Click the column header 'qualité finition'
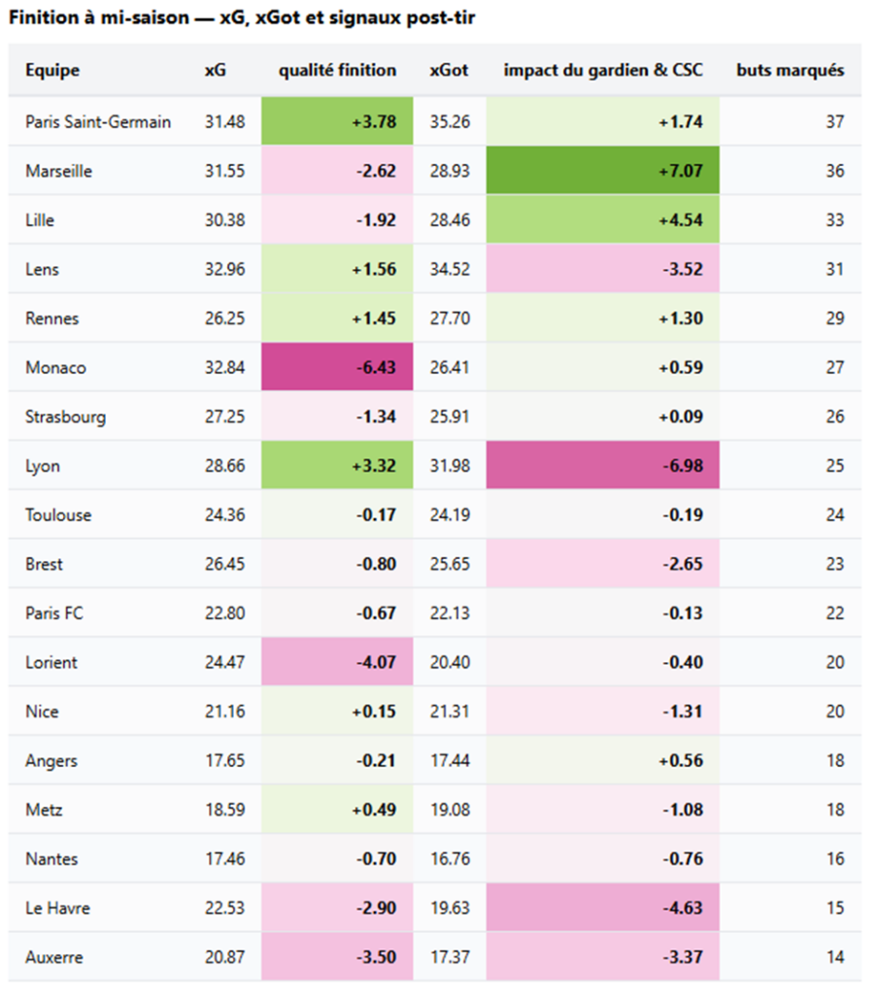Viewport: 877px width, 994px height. point(337,70)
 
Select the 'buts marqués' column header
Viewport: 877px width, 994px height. point(790,70)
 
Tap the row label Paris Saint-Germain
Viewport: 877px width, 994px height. point(98,121)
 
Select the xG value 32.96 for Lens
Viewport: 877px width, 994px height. point(225,269)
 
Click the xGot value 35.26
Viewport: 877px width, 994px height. point(450,121)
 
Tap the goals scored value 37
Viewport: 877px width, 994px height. point(834,121)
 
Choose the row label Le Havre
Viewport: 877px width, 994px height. point(58,908)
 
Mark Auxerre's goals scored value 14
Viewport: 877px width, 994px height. point(834,957)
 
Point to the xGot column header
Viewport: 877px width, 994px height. point(449,70)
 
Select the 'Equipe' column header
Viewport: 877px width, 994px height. point(52,70)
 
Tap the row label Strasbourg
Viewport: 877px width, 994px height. point(66,417)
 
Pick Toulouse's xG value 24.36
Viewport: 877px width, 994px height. point(225,514)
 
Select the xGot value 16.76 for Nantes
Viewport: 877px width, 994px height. point(450,858)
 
